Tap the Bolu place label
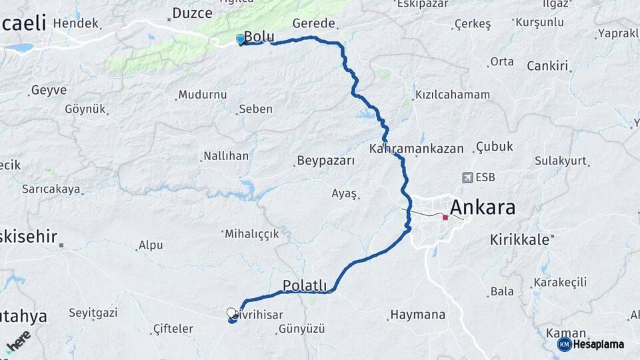[x=259, y=36]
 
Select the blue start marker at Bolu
[x=240, y=39]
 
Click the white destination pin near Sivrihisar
[x=231, y=313]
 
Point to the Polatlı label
[x=305, y=286]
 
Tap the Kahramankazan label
[x=416, y=149]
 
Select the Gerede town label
[x=313, y=23]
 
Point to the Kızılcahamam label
[x=452, y=95]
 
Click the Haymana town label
[x=417, y=314]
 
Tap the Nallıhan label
[x=225, y=156]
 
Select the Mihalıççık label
[x=252, y=233]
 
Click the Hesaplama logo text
[x=598, y=344]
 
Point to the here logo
[x=18, y=343]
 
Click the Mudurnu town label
[x=203, y=95]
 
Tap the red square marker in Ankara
[x=445, y=217]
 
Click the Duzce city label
[x=192, y=13]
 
